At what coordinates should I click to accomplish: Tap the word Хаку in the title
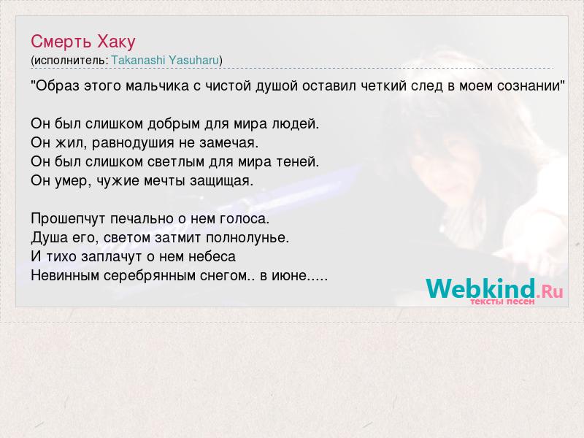(116, 42)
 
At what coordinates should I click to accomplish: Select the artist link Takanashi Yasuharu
(165, 60)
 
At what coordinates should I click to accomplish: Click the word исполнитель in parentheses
(69, 61)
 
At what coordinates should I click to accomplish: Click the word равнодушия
(133, 142)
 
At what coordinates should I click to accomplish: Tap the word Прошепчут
(68, 218)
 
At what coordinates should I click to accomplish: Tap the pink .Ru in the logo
(550, 291)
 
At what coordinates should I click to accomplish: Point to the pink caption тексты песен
(502, 301)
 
